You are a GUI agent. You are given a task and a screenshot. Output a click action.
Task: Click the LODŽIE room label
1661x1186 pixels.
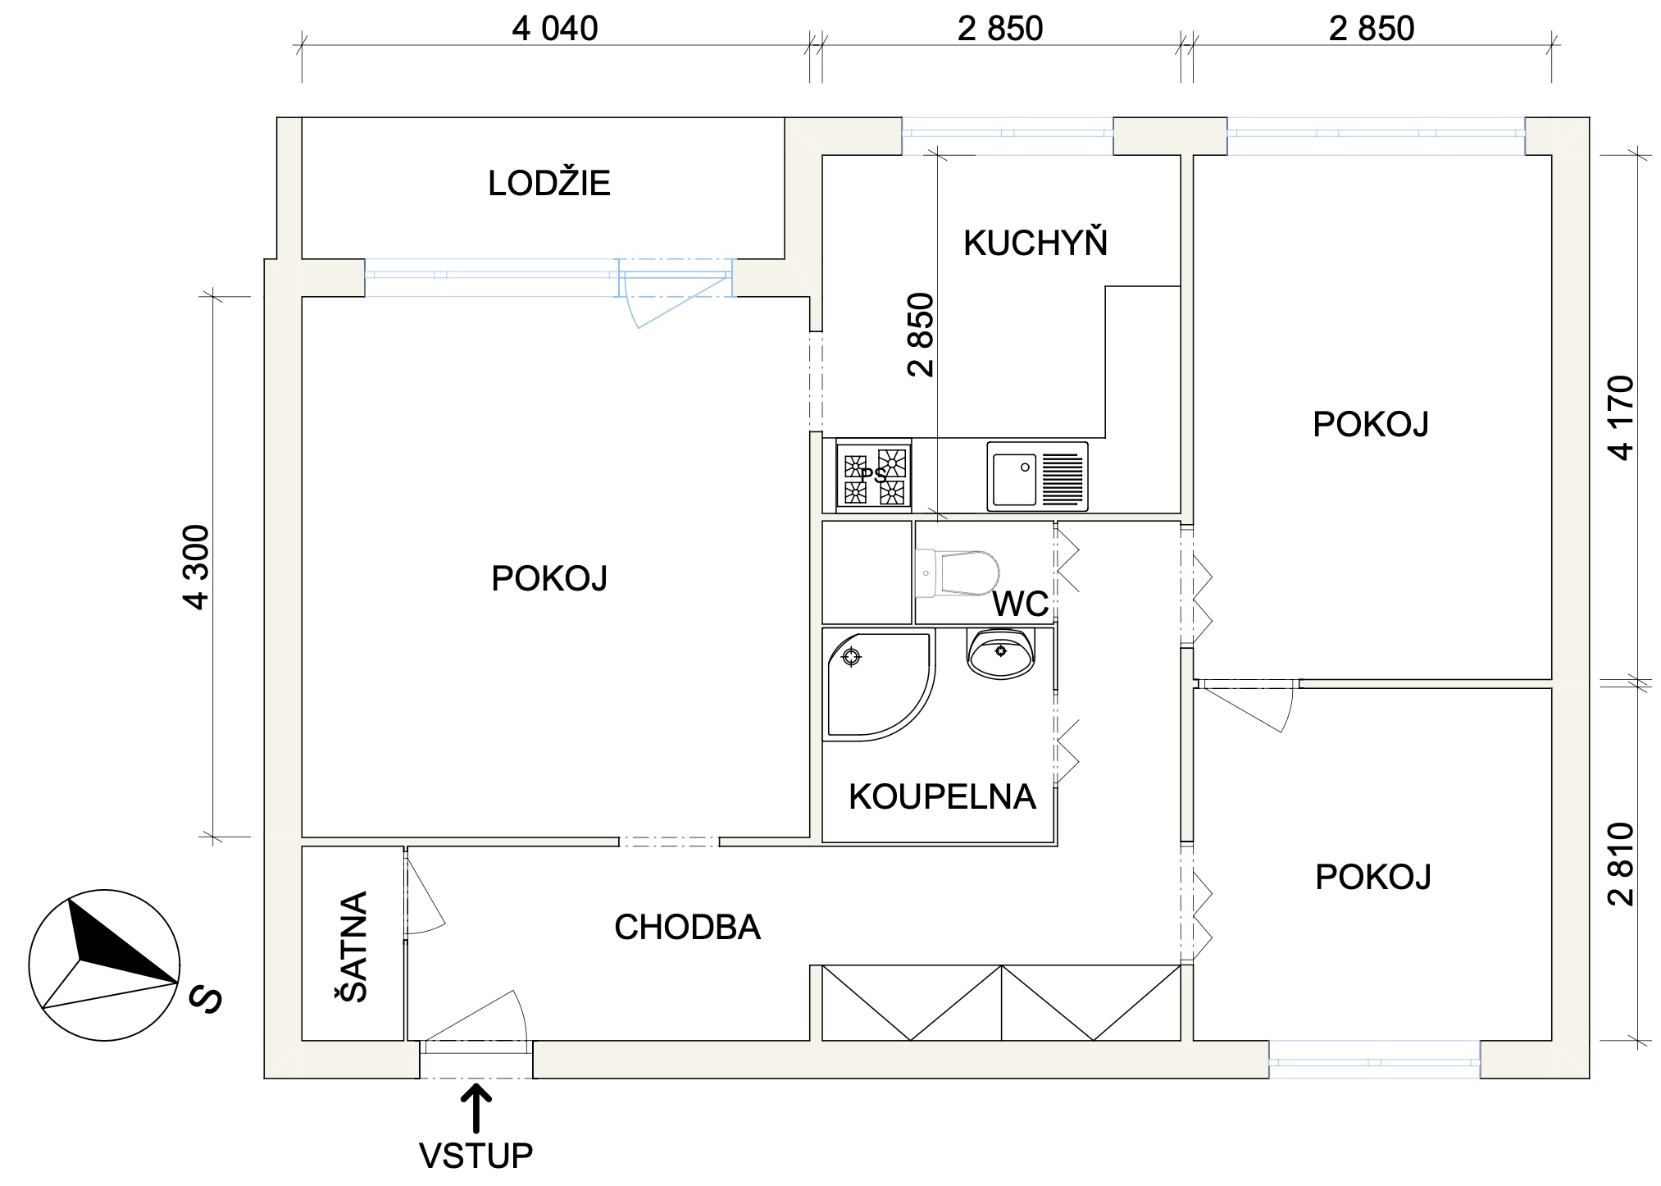tap(549, 183)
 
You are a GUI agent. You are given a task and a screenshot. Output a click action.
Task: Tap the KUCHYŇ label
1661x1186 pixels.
tap(1035, 244)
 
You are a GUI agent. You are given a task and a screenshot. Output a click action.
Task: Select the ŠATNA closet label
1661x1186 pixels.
tap(353, 947)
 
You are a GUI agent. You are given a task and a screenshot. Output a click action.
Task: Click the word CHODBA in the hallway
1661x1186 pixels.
tap(687, 928)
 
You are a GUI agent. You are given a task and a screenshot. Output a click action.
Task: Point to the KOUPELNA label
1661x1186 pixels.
tap(942, 796)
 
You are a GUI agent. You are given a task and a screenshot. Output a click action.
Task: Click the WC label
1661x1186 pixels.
tap(1020, 604)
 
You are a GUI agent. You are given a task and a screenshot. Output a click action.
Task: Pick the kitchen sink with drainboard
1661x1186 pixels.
tap(1037, 477)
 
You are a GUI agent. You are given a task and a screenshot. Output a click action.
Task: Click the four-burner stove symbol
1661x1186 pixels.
tap(874, 476)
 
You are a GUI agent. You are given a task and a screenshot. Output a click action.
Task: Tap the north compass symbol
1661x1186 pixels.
tap(104, 965)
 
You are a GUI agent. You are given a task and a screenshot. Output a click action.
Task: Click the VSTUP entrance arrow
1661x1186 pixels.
tap(476, 1108)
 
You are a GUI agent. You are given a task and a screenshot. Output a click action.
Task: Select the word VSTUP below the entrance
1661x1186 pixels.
tap(476, 1156)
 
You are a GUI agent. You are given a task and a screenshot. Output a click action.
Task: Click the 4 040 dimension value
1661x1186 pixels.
tap(555, 30)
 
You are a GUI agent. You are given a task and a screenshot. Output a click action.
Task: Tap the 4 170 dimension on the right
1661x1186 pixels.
tap(1622, 417)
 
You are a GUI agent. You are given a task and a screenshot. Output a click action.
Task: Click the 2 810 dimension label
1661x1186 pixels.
tap(1622, 864)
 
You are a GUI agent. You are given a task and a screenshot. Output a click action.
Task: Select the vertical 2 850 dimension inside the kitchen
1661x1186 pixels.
tap(922, 334)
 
